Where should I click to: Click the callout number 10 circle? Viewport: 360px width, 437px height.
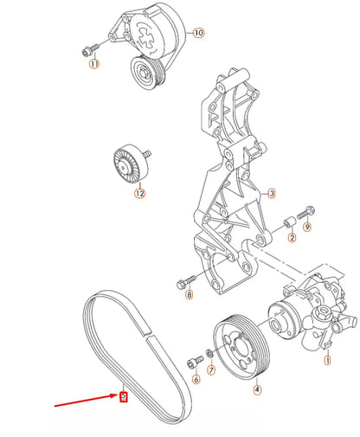(198, 33)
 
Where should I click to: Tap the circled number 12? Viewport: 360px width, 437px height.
(138, 194)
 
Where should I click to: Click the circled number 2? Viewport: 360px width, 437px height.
(292, 237)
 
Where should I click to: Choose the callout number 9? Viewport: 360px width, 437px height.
(307, 227)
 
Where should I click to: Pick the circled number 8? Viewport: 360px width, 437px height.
(190, 295)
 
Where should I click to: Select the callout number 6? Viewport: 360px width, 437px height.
(196, 380)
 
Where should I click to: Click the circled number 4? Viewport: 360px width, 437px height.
(256, 389)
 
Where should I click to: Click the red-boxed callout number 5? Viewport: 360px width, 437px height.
(124, 397)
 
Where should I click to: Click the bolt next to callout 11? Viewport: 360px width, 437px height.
(89, 48)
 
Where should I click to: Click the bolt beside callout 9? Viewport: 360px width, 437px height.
(305, 210)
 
